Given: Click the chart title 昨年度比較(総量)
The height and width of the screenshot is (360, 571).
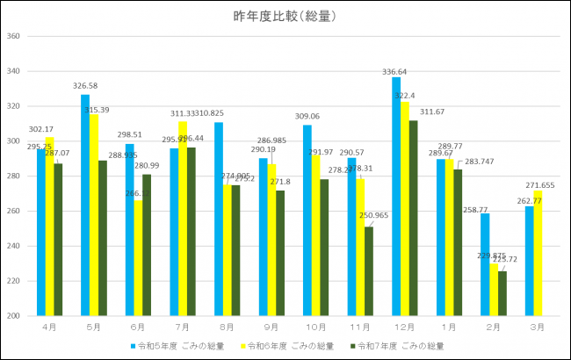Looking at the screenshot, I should click(x=285, y=16).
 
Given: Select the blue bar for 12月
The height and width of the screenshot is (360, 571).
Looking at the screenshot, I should click(x=396, y=197).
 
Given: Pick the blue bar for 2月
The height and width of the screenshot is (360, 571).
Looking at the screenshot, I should click(x=485, y=264).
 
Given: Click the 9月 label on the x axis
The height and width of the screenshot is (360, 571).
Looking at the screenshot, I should click(x=271, y=327).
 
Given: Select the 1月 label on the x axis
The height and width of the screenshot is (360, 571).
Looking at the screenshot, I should click(x=450, y=327).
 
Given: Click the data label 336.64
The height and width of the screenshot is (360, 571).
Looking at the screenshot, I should click(x=396, y=72).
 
